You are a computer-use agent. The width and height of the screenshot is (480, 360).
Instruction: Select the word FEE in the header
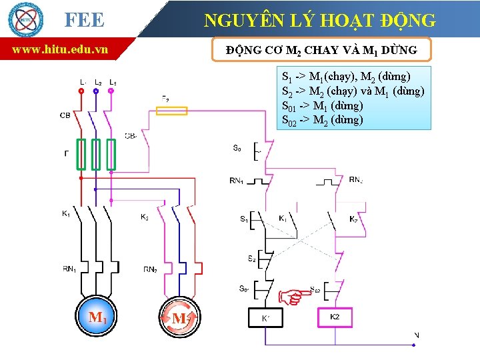(x=84, y=21)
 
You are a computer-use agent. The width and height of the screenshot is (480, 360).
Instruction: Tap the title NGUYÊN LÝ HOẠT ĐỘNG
(x=320, y=21)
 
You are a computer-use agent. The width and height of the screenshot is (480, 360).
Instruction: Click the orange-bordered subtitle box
(x=321, y=50)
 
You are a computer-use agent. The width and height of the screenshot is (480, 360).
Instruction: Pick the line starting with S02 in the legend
(x=323, y=120)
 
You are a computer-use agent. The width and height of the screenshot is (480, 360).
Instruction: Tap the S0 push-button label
(x=237, y=149)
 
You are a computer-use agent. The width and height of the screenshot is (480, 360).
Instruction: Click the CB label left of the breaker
(x=65, y=115)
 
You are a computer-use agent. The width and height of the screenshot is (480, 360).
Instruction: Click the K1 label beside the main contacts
(x=66, y=214)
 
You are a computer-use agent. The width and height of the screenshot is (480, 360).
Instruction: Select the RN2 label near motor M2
(x=151, y=269)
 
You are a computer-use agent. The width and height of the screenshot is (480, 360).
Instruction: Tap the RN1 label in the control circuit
(x=236, y=180)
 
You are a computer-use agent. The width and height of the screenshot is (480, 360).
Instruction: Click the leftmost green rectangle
(x=81, y=155)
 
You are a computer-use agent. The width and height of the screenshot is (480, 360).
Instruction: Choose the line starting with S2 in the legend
(x=353, y=91)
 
